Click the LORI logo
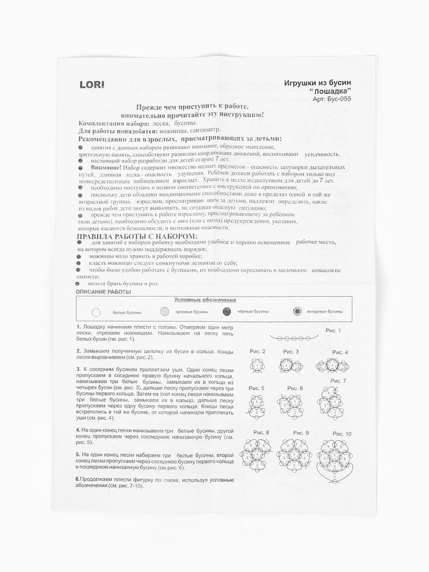[92, 84]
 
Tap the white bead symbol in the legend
[96, 311]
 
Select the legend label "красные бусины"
[192, 311]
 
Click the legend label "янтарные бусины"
[325, 311]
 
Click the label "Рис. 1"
[332, 330]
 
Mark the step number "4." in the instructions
[78, 430]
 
